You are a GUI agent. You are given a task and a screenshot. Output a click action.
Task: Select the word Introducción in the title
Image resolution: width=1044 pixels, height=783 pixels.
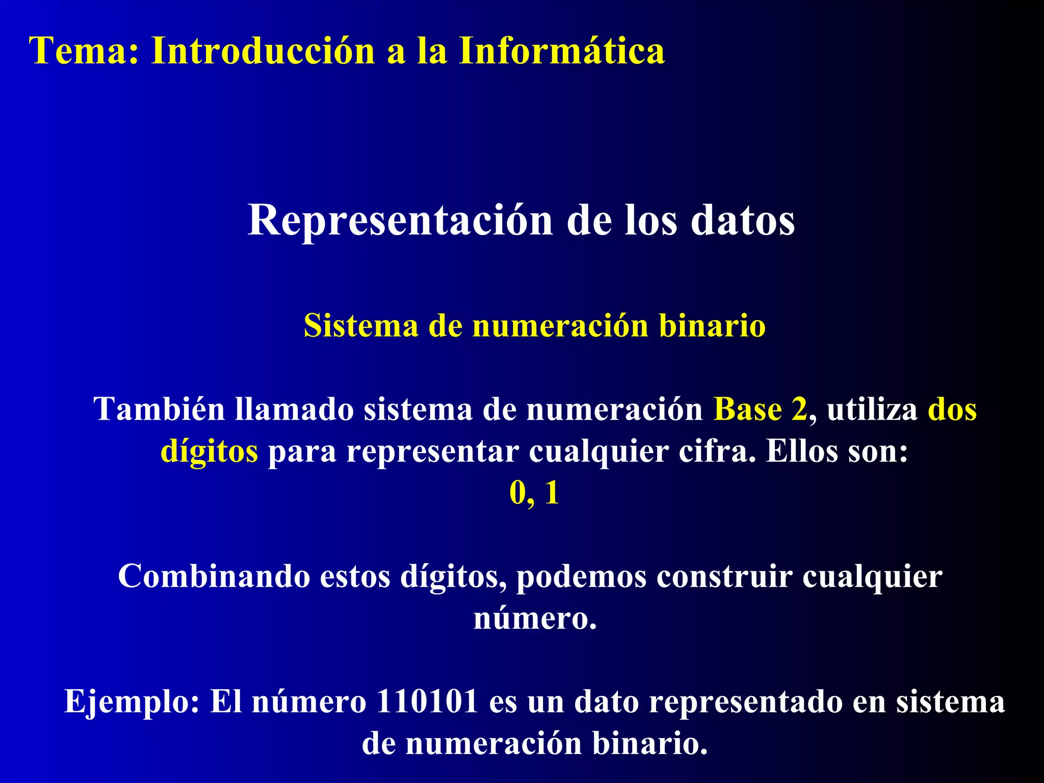(x=263, y=51)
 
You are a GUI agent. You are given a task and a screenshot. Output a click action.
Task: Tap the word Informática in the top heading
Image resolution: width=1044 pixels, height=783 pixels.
(x=561, y=51)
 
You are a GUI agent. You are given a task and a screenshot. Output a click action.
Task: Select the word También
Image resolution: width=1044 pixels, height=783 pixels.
(x=159, y=409)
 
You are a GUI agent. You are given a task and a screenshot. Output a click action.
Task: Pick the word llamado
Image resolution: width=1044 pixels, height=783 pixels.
(x=294, y=409)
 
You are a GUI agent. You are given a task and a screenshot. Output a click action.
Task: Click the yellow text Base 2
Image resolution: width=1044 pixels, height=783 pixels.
(x=760, y=409)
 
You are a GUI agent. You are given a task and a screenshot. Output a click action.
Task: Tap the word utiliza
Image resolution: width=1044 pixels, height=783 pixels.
(x=872, y=409)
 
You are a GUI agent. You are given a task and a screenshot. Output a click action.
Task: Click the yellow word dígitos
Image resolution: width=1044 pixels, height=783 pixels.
(x=209, y=451)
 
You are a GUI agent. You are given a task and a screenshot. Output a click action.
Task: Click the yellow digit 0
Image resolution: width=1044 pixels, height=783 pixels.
(x=518, y=493)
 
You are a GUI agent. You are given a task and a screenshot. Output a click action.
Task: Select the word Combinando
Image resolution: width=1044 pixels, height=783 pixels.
(x=214, y=577)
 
